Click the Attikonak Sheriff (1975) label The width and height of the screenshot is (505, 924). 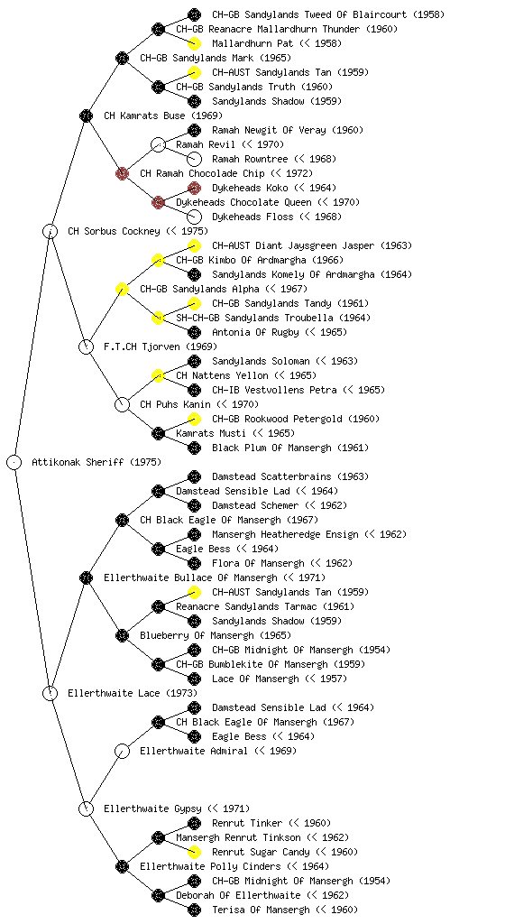click(96, 462)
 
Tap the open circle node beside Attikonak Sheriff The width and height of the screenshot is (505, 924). click(14, 462)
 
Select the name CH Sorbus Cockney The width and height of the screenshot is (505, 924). click(114, 231)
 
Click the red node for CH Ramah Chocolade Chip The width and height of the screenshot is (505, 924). click(122, 173)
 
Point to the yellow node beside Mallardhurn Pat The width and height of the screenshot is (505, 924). click(194, 43)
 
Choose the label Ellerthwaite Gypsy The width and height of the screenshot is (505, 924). click(152, 808)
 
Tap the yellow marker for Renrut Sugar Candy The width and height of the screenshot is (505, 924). click(194, 852)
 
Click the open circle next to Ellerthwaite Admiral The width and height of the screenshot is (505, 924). click(122, 751)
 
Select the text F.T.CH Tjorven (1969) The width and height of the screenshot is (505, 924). click(161, 346)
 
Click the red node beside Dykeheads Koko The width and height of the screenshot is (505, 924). click(194, 188)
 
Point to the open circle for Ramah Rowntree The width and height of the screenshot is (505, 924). click(194, 159)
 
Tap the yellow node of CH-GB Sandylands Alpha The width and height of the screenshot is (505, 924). click(122, 289)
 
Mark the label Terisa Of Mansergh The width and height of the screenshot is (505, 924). click(261, 910)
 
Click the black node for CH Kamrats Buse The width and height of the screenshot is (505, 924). click(86, 115)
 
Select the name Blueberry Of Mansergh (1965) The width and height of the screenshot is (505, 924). click(216, 635)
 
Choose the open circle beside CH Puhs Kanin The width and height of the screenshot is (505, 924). click(122, 404)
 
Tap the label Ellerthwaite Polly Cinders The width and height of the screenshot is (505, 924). click(210, 866)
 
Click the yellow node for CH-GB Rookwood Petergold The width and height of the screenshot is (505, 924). click(194, 419)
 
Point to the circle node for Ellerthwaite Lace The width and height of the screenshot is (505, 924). click(50, 693)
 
